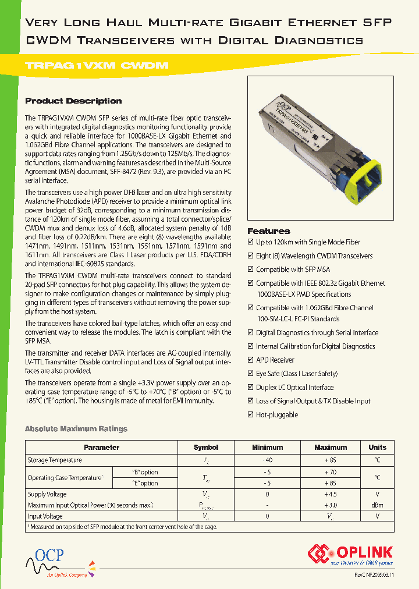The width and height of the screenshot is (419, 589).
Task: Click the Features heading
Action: click(x=268, y=231)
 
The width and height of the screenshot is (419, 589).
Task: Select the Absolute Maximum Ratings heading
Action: click(x=76, y=429)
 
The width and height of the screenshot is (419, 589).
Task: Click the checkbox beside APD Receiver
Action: click(x=251, y=360)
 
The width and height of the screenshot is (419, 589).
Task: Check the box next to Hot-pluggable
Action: click(x=251, y=415)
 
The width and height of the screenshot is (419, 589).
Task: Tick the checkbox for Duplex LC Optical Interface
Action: click(x=251, y=388)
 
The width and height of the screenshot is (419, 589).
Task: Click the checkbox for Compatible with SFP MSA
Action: click(x=251, y=269)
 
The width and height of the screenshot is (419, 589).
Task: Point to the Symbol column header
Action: click(x=205, y=448)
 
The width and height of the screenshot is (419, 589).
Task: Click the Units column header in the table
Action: click(x=377, y=448)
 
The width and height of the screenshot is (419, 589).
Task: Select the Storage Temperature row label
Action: click(x=55, y=460)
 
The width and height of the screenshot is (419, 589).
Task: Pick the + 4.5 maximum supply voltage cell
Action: click(x=330, y=494)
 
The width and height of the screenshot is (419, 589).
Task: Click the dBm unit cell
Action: click(x=377, y=505)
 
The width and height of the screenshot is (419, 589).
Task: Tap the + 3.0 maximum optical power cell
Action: click(x=330, y=505)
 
